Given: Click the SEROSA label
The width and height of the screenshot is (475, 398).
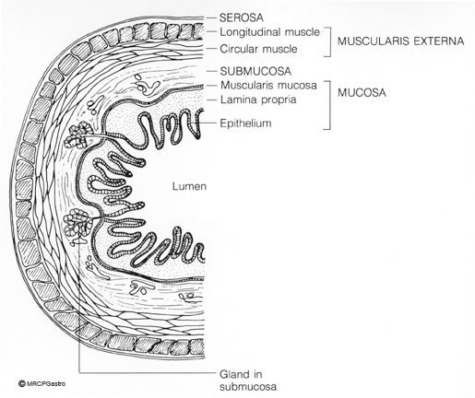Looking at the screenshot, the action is [242, 18].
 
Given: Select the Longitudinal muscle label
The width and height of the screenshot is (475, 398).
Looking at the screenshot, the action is [269, 32].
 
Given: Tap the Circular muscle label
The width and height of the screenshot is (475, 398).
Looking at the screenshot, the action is [258, 49].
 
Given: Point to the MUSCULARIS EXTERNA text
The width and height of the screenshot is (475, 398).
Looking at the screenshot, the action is [400, 41].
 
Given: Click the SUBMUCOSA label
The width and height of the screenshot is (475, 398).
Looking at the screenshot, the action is [255, 71].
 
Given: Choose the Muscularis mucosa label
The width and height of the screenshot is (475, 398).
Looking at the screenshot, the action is [268, 85].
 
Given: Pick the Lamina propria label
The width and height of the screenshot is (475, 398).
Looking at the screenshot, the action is [258, 99].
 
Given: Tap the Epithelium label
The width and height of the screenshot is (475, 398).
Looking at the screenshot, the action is [245, 123].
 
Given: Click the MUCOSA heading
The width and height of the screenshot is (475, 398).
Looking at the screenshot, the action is [362, 92].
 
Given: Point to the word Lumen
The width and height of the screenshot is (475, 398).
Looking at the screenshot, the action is [189, 186].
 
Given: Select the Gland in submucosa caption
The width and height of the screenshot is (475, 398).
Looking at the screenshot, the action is [248, 380].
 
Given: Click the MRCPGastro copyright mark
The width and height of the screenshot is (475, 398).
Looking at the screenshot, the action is [42, 383].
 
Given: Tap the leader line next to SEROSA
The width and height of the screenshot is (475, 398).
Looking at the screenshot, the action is [210, 18].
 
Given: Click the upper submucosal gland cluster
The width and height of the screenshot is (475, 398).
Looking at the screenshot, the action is [78, 136].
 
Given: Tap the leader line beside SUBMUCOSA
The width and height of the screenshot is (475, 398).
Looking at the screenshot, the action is [210, 71].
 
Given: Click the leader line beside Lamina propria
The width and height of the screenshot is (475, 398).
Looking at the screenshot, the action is [210, 99].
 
